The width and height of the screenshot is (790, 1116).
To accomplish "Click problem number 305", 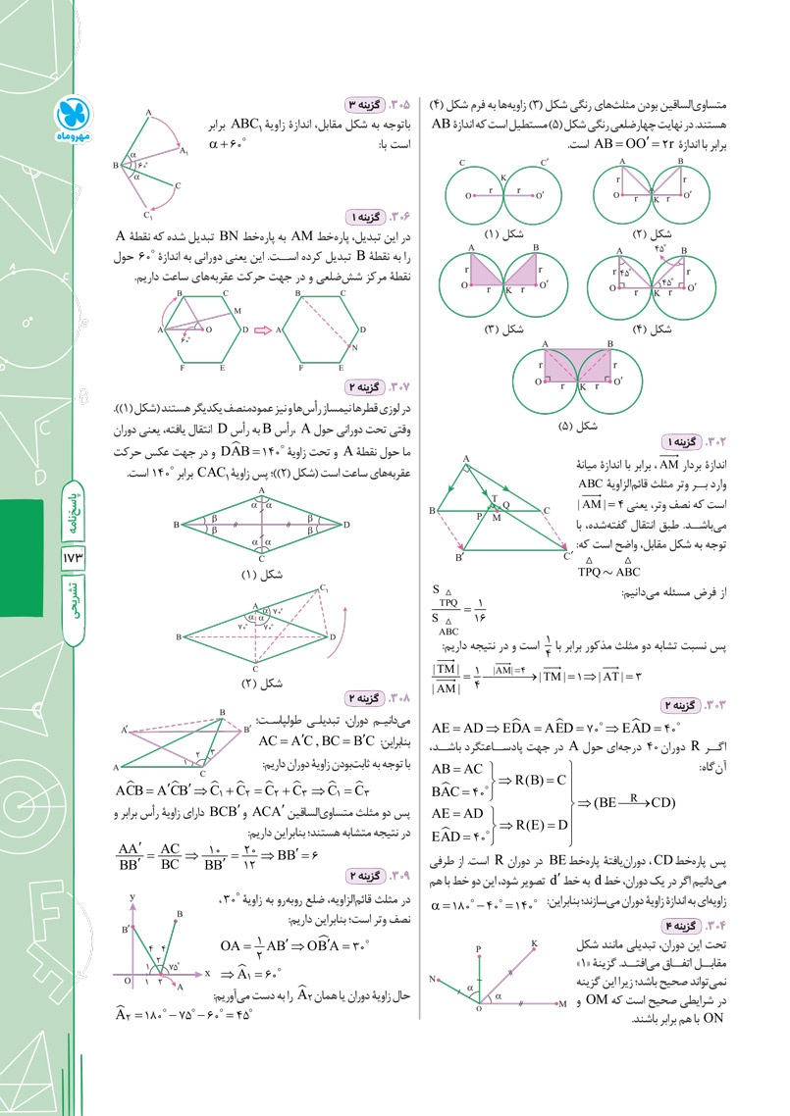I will (x=399, y=104).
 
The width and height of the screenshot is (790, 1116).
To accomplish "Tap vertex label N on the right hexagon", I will (x=353, y=349).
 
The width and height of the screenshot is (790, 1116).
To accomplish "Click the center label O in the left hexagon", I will (x=208, y=331).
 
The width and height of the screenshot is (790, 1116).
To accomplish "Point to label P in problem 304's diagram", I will (x=478, y=949).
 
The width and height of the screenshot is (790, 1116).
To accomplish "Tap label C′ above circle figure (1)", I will (x=544, y=163).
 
